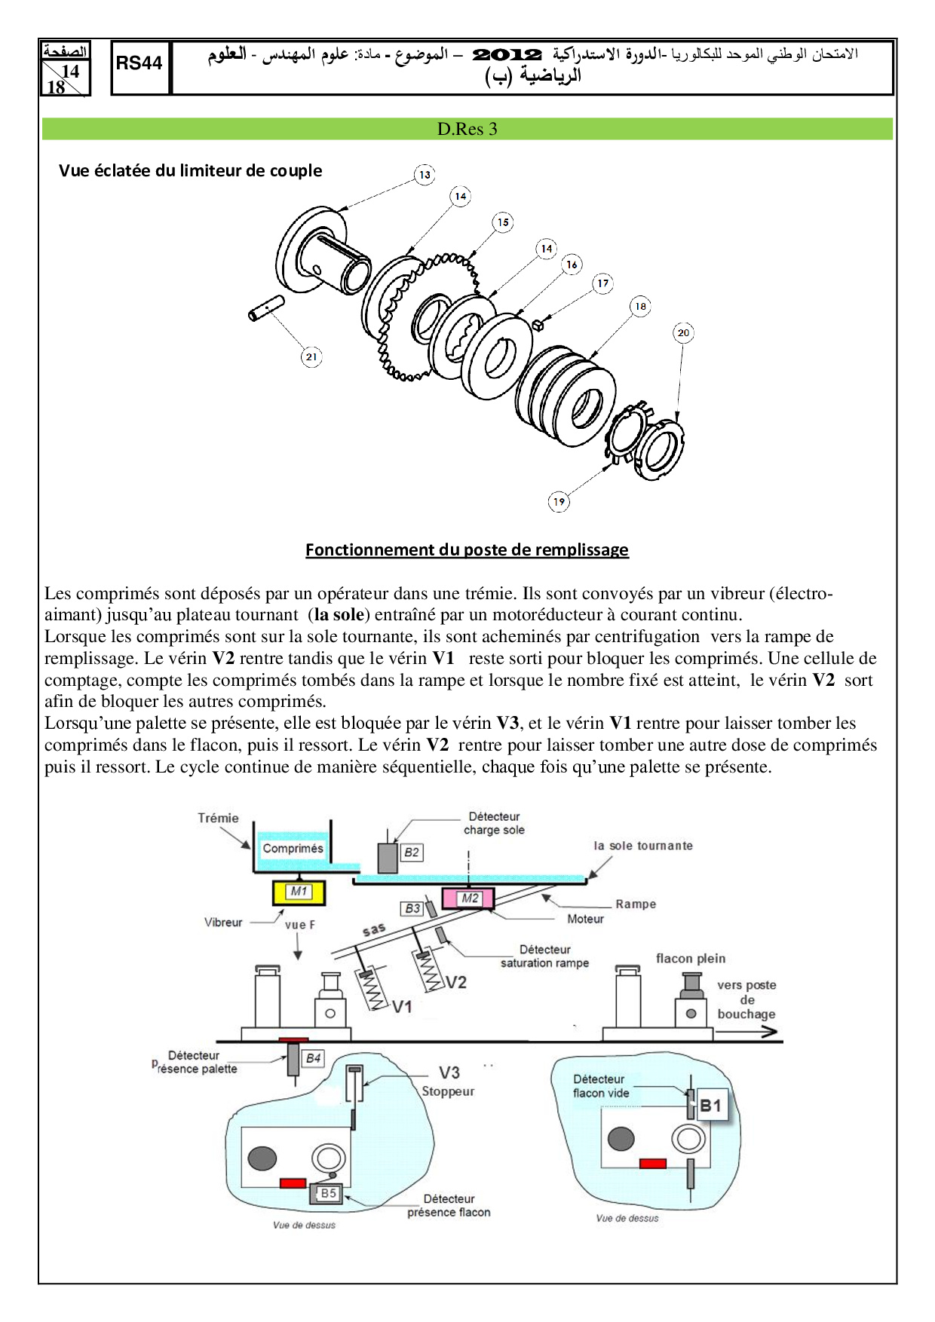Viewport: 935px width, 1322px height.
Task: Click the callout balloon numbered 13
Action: click(x=425, y=175)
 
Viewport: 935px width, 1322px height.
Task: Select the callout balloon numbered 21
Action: click(x=311, y=357)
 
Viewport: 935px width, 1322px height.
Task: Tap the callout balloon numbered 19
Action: click(x=559, y=501)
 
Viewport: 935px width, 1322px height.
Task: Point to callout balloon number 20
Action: click(x=683, y=332)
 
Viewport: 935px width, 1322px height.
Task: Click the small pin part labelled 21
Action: click(x=266, y=308)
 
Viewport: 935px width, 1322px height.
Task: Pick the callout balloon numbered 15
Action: click(x=503, y=222)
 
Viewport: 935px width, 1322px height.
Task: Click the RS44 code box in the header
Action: click(x=139, y=63)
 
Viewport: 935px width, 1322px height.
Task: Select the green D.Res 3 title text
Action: click(x=467, y=129)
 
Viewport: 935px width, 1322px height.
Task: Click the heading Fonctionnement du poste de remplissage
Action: click(x=467, y=549)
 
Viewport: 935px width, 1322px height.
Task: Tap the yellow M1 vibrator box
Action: click(x=299, y=892)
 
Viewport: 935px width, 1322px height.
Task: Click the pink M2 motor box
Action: click(x=468, y=898)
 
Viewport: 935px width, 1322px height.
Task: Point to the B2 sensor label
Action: click(x=411, y=852)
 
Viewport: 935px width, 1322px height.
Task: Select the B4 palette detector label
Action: click(x=313, y=1058)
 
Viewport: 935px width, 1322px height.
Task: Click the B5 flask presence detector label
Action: click(x=328, y=1193)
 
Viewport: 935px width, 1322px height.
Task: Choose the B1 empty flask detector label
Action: click(x=710, y=1106)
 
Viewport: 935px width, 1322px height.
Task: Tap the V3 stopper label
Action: click(x=449, y=1073)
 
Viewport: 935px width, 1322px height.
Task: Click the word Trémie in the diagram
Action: click(x=218, y=818)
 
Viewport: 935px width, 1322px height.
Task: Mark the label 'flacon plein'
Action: click(x=690, y=959)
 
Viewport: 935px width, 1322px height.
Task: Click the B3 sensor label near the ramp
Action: click(x=412, y=909)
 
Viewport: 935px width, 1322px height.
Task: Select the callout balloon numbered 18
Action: click(x=640, y=306)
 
